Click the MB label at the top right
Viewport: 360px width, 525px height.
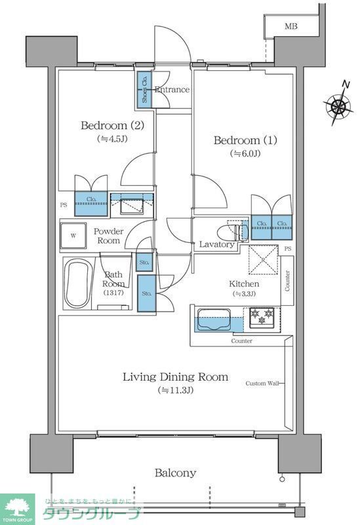tap(290, 26)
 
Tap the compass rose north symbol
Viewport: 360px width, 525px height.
tap(339, 104)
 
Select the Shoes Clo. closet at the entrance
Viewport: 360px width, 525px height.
tap(144, 89)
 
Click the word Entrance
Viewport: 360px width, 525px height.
tap(172, 90)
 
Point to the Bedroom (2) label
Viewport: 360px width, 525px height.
tap(112, 125)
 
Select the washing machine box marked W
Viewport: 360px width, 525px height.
tap(74, 236)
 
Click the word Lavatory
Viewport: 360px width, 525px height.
tap(216, 244)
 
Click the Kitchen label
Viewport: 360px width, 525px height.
tap(244, 283)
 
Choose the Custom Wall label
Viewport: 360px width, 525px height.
tap(264, 383)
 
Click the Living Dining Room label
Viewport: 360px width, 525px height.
tap(176, 377)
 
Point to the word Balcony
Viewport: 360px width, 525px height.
tap(175, 472)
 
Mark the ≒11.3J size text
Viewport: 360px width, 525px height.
tap(176, 390)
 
